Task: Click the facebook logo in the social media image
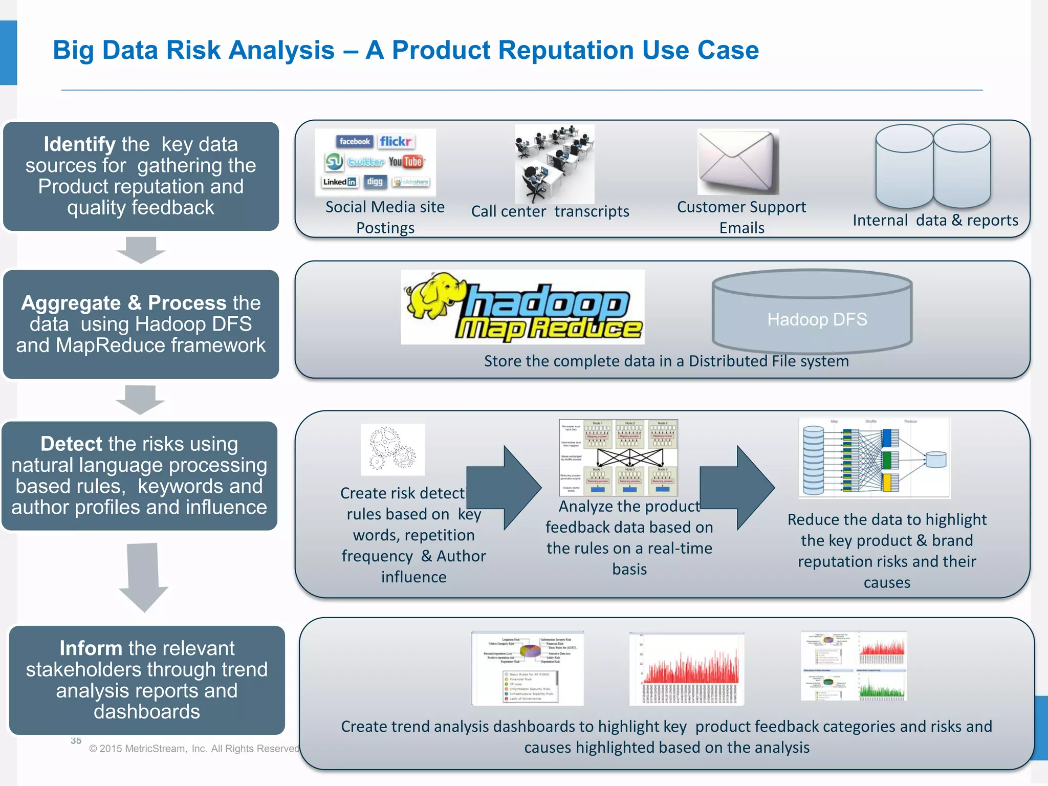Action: (354, 141)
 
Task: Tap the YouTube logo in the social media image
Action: (406, 162)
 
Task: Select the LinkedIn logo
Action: (339, 182)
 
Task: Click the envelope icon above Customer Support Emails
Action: (737, 162)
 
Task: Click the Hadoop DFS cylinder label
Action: (817, 319)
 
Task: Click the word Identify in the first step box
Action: (79, 144)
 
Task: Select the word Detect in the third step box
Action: (71, 444)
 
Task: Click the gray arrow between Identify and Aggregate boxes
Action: (141, 250)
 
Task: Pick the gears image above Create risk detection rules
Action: (392, 449)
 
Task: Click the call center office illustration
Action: (554, 164)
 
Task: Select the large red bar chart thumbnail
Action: (686, 668)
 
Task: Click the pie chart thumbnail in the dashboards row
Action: (527, 668)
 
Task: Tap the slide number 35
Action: (76, 740)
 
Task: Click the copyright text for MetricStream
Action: (194, 749)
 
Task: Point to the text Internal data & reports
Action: (935, 220)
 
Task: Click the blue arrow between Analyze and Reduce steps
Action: (737, 487)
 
